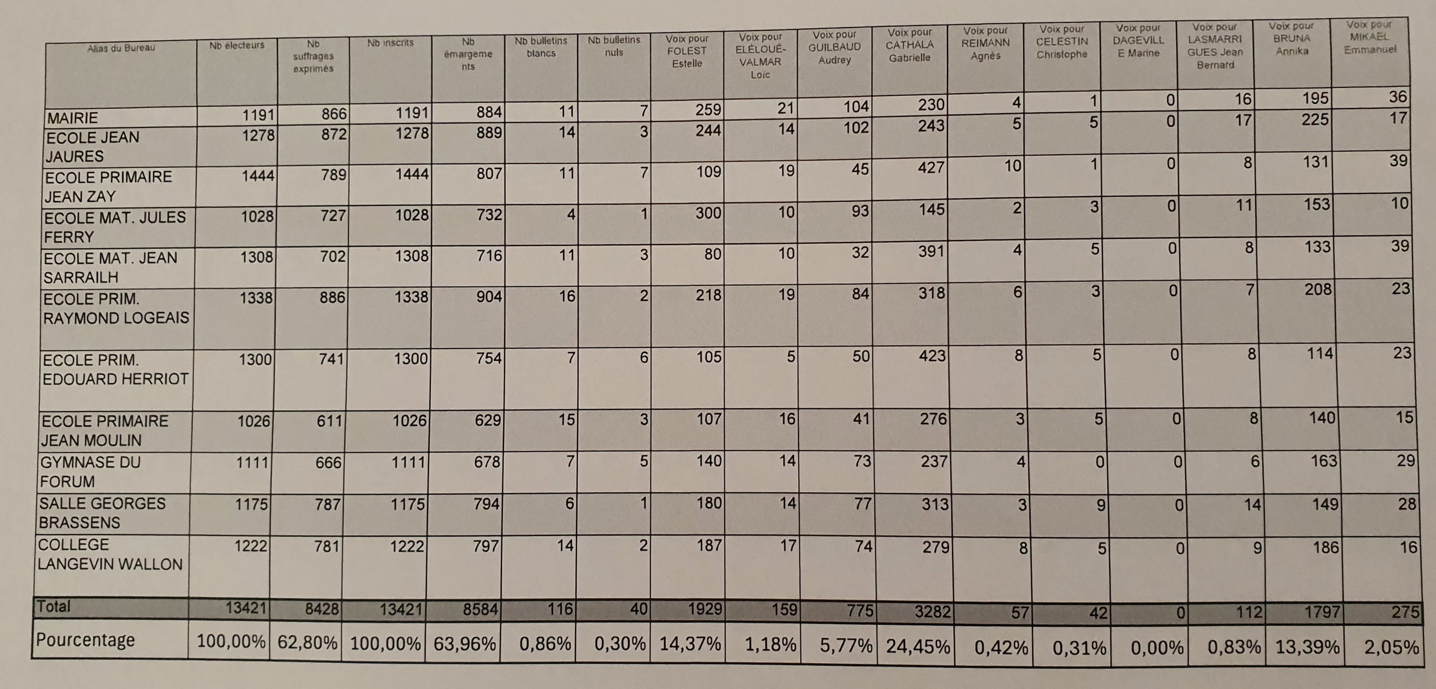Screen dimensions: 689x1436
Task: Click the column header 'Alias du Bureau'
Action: tap(121, 48)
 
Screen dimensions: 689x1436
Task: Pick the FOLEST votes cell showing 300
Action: tap(708, 213)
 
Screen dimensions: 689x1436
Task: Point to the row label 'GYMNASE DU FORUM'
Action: tap(90, 472)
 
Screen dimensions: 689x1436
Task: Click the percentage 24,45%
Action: tap(918, 646)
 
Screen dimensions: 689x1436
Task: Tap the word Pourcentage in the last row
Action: tap(85, 640)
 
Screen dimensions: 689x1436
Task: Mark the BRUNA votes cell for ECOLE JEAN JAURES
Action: tap(1315, 120)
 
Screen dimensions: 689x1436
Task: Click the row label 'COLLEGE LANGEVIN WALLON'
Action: tap(110, 555)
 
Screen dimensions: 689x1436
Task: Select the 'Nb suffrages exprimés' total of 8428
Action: tap(321, 609)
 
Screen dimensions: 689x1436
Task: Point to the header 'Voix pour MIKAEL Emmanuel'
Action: tap(1370, 37)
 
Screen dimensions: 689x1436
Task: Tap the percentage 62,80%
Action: tap(307, 643)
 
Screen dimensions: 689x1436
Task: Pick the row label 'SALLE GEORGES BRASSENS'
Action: tap(102, 513)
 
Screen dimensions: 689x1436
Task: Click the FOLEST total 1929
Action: tap(705, 609)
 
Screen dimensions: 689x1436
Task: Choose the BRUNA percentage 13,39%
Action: tap(1307, 647)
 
